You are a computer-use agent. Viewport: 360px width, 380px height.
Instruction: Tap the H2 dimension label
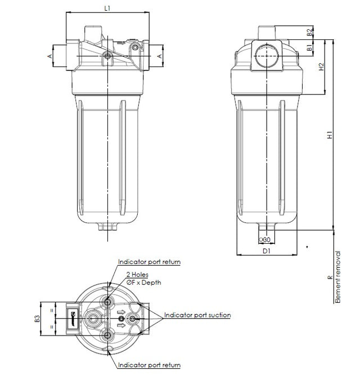(x=322, y=68)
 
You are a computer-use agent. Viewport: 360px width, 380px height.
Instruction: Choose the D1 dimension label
(x=267, y=251)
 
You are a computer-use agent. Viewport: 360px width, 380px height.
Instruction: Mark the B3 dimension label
(x=37, y=319)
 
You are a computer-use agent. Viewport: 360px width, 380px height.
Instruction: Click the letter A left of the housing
(x=49, y=56)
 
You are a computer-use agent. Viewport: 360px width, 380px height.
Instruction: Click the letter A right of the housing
(x=159, y=56)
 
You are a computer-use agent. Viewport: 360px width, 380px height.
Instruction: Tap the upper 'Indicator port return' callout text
(x=149, y=262)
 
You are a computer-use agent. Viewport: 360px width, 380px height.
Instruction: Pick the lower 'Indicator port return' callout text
(x=149, y=365)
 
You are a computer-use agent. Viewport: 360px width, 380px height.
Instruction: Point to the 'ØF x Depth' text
(x=143, y=282)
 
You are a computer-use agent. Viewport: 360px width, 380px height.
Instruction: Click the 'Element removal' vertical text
(x=337, y=278)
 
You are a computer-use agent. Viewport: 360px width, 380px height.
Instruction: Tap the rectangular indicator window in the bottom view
(x=73, y=319)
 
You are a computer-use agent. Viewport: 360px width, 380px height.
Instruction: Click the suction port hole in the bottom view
(x=133, y=319)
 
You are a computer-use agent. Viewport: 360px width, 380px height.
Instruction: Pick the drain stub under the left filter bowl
(x=106, y=226)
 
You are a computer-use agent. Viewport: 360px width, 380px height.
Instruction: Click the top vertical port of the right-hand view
(x=267, y=32)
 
